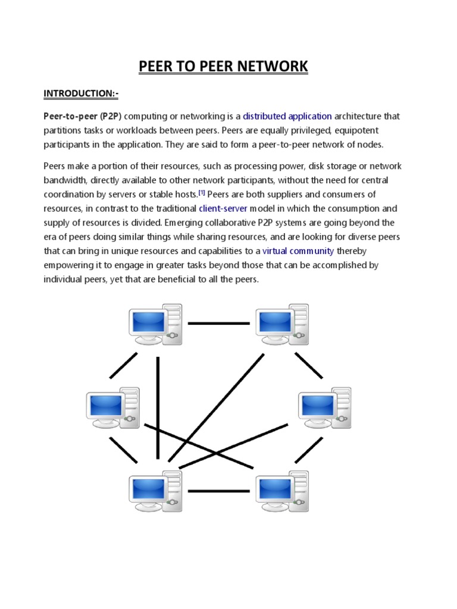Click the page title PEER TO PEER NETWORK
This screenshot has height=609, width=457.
tap(224, 66)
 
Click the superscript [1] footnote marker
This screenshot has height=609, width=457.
tap(202, 193)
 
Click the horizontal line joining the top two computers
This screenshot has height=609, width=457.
tap(218, 324)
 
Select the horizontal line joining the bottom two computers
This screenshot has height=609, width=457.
tap(218, 491)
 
